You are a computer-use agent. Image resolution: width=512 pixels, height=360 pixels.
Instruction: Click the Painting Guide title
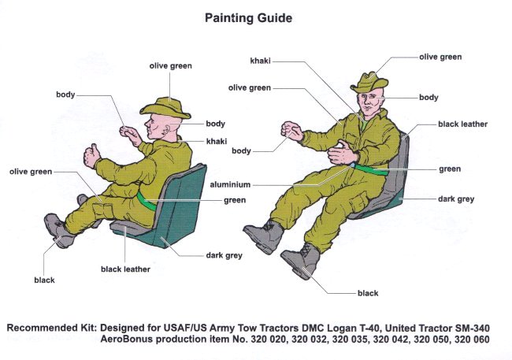click(247, 16)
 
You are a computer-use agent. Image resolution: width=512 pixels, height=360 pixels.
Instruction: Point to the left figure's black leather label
click(125, 269)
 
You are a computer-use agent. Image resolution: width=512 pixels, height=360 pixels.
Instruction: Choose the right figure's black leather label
click(463, 124)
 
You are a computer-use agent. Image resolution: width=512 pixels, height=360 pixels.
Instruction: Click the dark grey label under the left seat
click(224, 255)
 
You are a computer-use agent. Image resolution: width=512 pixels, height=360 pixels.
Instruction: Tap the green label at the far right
click(450, 169)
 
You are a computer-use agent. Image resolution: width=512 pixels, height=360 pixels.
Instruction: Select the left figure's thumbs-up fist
click(91, 156)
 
